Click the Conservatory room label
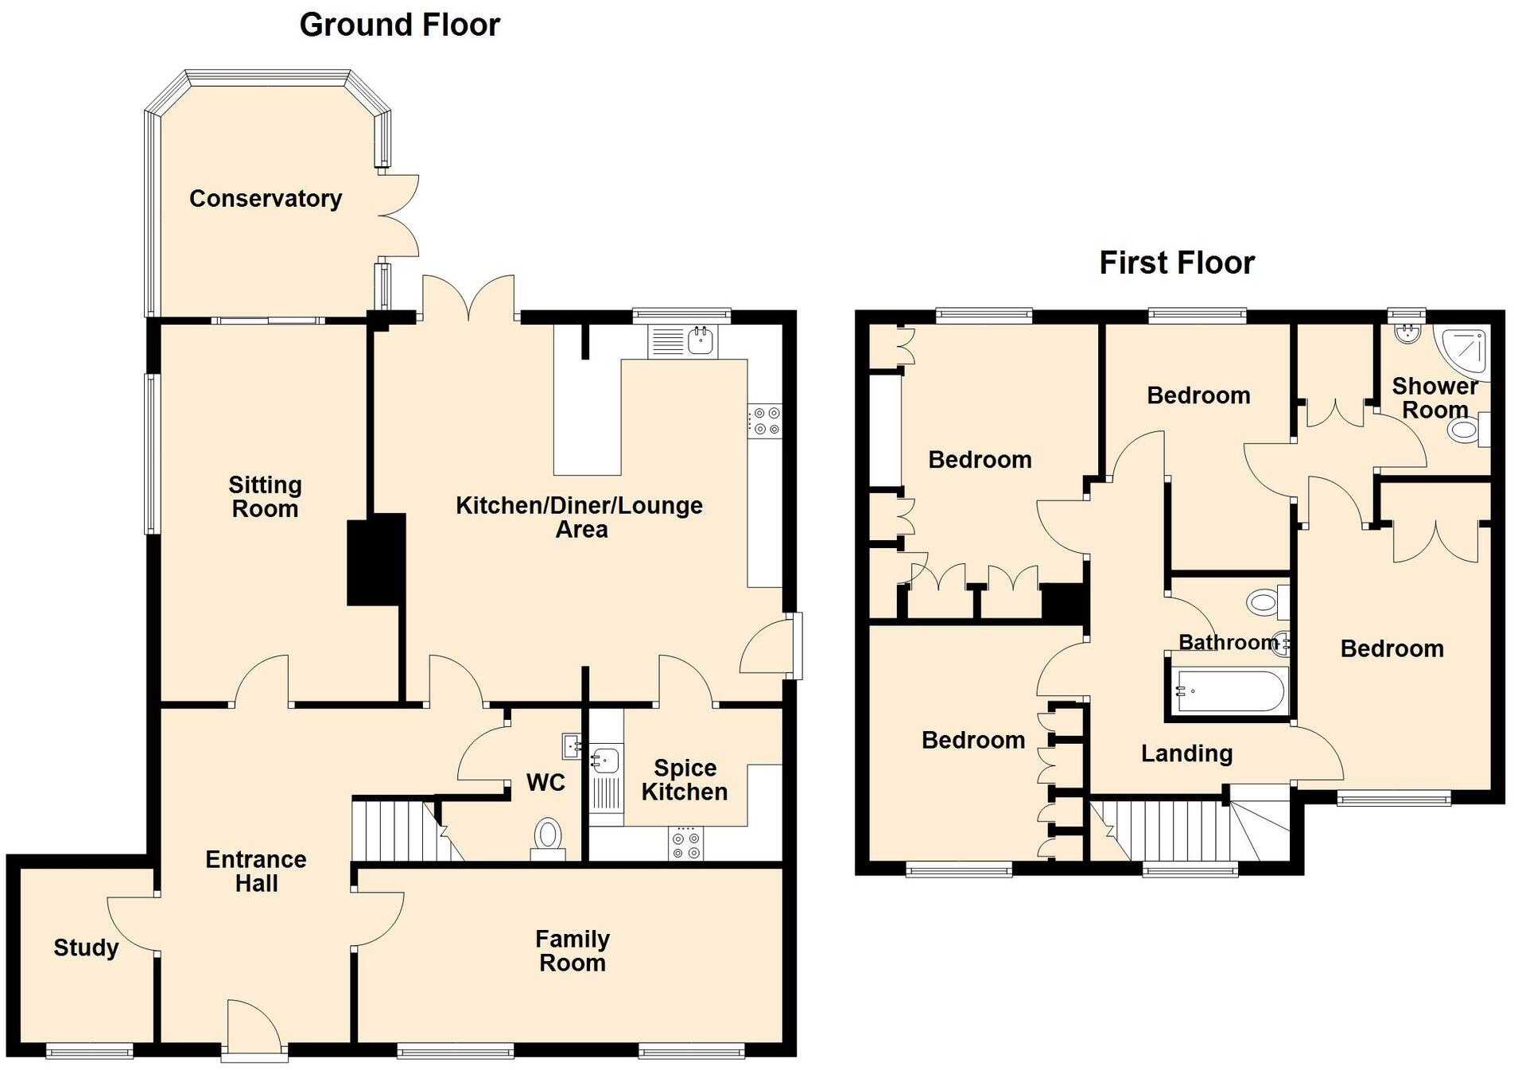pos(266,198)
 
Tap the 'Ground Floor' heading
pos(399,25)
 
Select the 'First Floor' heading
pos(1176,263)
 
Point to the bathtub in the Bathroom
pos(1229,691)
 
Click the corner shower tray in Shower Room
pos(1464,349)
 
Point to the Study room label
pos(86,947)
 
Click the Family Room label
pos(572,951)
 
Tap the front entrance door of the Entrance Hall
pos(254,1031)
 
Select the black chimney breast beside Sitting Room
pos(376,559)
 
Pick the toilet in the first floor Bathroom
pos(1264,601)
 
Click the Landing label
pos(1186,753)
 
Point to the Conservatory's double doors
pos(398,216)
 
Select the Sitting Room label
pos(265,496)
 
